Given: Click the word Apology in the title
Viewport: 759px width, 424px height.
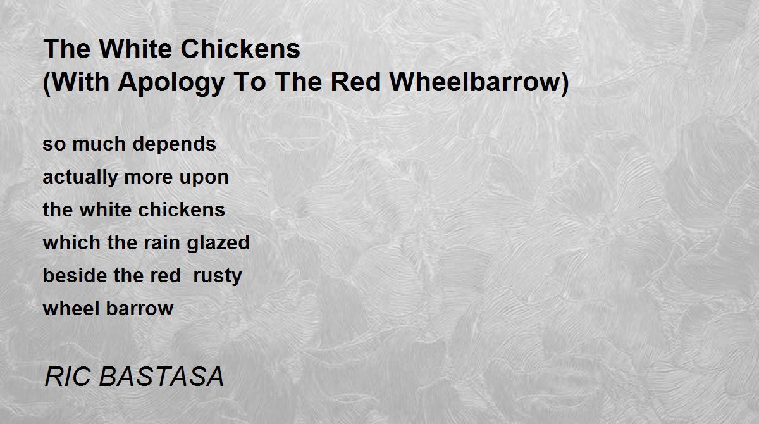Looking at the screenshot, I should tap(179, 83).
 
